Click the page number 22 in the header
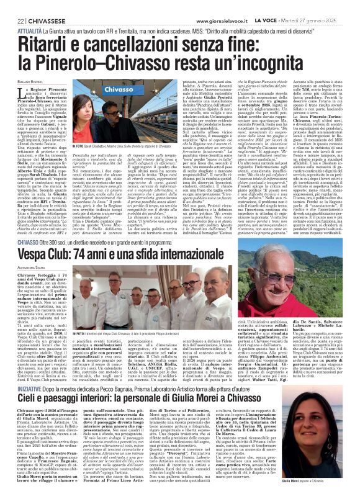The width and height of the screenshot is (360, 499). click(11, 6)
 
